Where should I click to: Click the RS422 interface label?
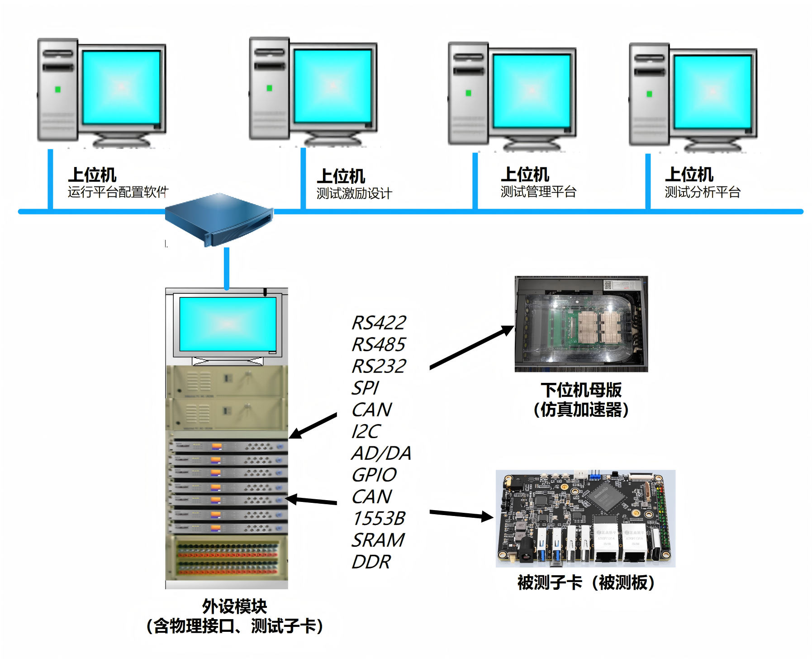[379, 323]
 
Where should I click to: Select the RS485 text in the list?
[379, 345]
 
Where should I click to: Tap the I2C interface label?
[366, 432]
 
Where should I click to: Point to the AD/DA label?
[381, 454]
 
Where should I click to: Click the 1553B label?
[379, 519]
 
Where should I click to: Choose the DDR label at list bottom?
[371, 562]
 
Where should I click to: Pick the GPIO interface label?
[374, 475]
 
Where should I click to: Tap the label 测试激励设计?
[354, 194]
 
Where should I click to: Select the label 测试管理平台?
[538, 192]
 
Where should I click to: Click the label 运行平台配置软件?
[118, 192]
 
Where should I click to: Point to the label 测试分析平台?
[702, 192]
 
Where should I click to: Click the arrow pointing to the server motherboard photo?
[470, 348]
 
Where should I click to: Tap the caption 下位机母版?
[581, 390]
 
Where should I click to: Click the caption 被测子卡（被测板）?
[586, 583]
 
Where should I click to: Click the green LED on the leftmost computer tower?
[58, 90]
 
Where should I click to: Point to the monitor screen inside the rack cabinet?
[228, 324]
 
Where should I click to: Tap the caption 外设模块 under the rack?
[234, 606]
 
